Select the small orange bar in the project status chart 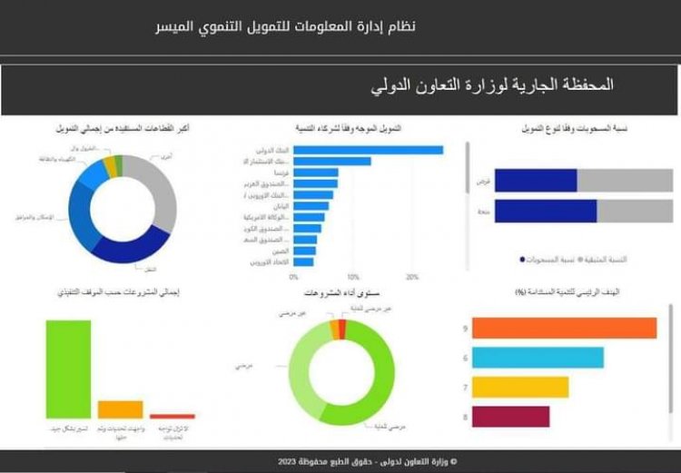(x=120, y=409)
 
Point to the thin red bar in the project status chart (x=173, y=416)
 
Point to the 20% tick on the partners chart (x=412, y=276)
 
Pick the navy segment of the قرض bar (x=548, y=181)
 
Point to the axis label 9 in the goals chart (x=464, y=329)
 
